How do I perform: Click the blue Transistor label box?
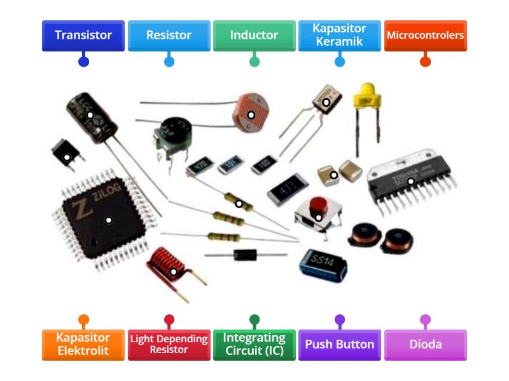pyautogui.click(x=83, y=36)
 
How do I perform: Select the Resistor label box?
pyautogui.click(x=169, y=36)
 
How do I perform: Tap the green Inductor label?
pyautogui.click(x=254, y=36)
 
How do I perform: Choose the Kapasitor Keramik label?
pyautogui.click(x=339, y=36)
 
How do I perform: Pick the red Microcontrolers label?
pyautogui.click(x=425, y=36)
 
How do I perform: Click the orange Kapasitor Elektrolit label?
pyautogui.click(x=83, y=345)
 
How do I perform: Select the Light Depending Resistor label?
pyautogui.click(x=169, y=345)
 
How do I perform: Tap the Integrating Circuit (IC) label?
pyautogui.click(x=254, y=345)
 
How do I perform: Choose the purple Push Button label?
pyautogui.click(x=339, y=345)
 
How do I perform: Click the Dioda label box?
pyautogui.click(x=425, y=345)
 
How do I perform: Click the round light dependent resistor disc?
pyautogui.click(x=251, y=114)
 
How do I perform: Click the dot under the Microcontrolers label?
pyautogui.click(x=425, y=62)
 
